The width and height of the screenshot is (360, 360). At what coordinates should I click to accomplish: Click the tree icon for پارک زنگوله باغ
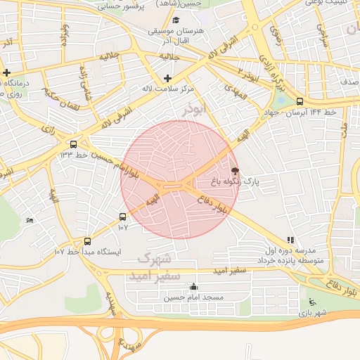pyautogui.click(x=235, y=171)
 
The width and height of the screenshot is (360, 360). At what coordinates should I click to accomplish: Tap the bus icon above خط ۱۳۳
pyautogui.click(x=74, y=145)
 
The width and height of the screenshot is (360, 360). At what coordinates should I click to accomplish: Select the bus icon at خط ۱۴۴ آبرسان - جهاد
pyautogui.click(x=300, y=101)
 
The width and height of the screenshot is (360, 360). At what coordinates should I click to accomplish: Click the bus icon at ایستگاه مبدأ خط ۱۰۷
pyautogui.click(x=87, y=241)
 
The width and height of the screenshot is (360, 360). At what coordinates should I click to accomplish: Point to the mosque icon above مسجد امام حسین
pyautogui.click(x=194, y=287)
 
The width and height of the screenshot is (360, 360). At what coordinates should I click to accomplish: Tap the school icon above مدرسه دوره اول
pyautogui.click(x=291, y=240)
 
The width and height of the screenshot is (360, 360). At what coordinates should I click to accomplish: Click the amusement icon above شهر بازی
pyautogui.click(x=312, y=302)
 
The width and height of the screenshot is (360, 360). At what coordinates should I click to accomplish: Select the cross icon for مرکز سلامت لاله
pyautogui.click(x=167, y=78)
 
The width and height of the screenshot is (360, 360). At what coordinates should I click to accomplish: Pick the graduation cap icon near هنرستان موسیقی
pyautogui.click(x=176, y=20)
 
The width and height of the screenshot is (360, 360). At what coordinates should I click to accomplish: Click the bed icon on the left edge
pyautogui.click(x=29, y=221)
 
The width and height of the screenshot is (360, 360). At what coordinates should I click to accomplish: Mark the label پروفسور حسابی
pyautogui.click(x=140, y=6)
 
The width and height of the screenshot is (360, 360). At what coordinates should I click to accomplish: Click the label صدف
pyautogui.click(x=349, y=82)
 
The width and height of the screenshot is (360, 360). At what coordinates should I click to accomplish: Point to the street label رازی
pyautogui.click(x=49, y=129)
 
